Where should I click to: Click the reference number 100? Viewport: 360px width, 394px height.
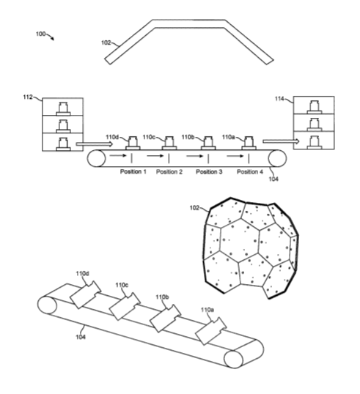click(x=40, y=34)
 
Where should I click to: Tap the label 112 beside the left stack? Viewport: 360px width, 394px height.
click(x=28, y=97)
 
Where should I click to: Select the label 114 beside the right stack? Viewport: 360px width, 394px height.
click(x=279, y=99)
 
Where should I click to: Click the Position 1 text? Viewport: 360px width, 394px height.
click(x=133, y=171)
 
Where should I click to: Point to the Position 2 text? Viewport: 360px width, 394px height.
click(x=169, y=171)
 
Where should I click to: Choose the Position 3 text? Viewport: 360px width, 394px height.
click(x=209, y=171)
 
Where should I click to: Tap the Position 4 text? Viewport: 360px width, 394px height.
click(x=250, y=171)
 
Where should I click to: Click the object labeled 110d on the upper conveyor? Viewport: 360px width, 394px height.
click(x=133, y=144)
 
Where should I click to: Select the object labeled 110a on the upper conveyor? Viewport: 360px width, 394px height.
click(x=249, y=144)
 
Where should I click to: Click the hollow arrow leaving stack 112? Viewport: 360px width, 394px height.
click(x=95, y=144)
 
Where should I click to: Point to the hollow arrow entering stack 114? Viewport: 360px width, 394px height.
click(x=281, y=141)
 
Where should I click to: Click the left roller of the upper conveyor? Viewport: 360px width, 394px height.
click(x=97, y=158)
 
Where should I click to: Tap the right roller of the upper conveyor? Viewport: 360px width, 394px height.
click(x=277, y=158)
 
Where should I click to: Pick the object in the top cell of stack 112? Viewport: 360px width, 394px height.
click(x=63, y=108)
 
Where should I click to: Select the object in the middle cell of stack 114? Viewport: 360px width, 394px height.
click(x=315, y=124)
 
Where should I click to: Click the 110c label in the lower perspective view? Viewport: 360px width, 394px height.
click(x=122, y=285)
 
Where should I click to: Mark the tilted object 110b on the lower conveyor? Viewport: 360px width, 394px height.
click(x=165, y=319)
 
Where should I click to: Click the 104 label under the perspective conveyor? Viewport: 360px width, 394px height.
click(x=81, y=337)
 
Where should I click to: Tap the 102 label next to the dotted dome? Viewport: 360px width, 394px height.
click(x=194, y=208)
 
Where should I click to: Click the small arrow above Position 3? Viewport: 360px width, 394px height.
click(x=195, y=156)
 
